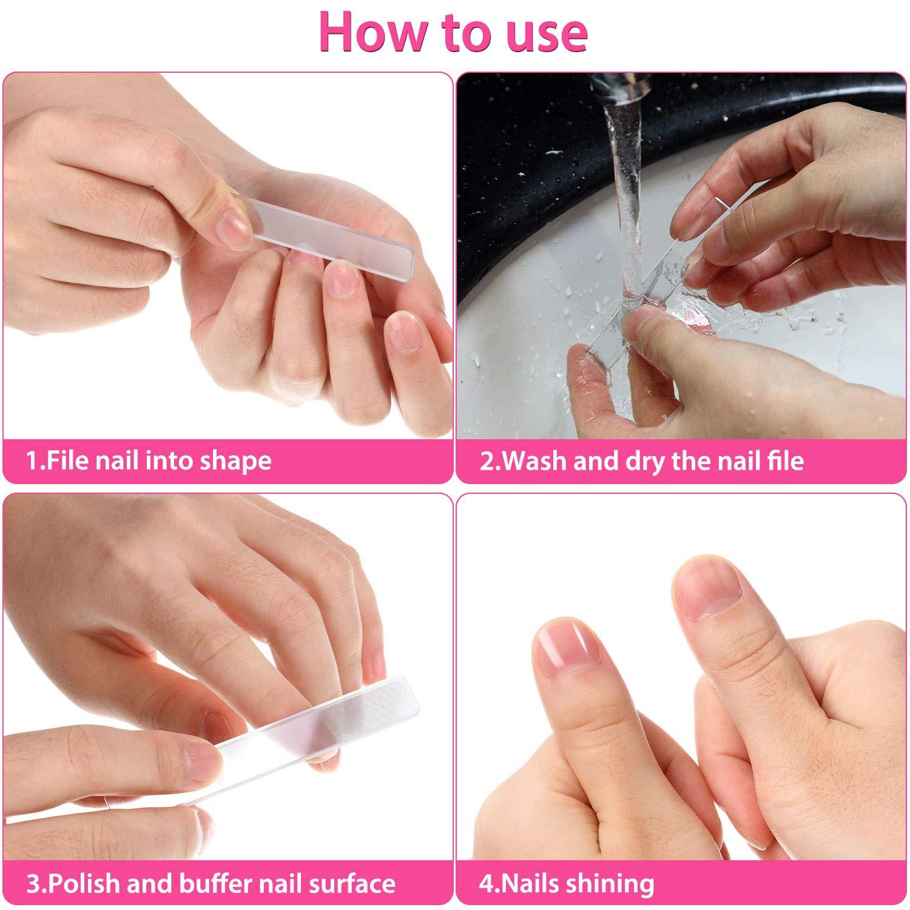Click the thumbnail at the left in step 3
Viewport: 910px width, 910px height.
tap(200, 755)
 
